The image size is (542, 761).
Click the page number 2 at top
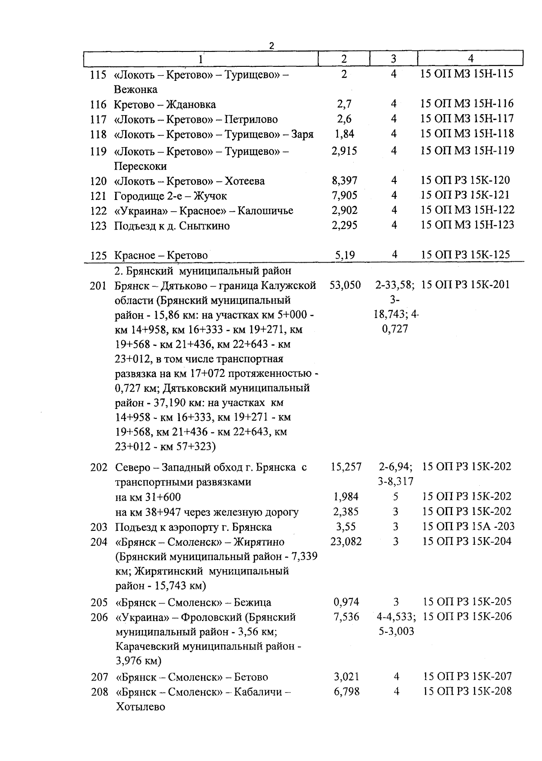271,46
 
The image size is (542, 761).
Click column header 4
470,59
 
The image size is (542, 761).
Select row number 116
98,105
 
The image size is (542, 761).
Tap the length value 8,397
344,181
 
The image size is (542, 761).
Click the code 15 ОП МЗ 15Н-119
467,150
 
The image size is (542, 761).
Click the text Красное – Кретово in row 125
161,255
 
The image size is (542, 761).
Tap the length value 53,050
346,285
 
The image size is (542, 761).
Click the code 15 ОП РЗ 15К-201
466,285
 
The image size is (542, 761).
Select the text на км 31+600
148,497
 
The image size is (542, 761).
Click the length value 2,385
346,512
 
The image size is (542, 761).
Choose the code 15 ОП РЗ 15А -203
468,527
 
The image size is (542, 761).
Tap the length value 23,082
346,541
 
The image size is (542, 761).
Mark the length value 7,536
346,617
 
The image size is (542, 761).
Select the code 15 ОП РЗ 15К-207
467,676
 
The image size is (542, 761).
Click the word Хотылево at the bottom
140,707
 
